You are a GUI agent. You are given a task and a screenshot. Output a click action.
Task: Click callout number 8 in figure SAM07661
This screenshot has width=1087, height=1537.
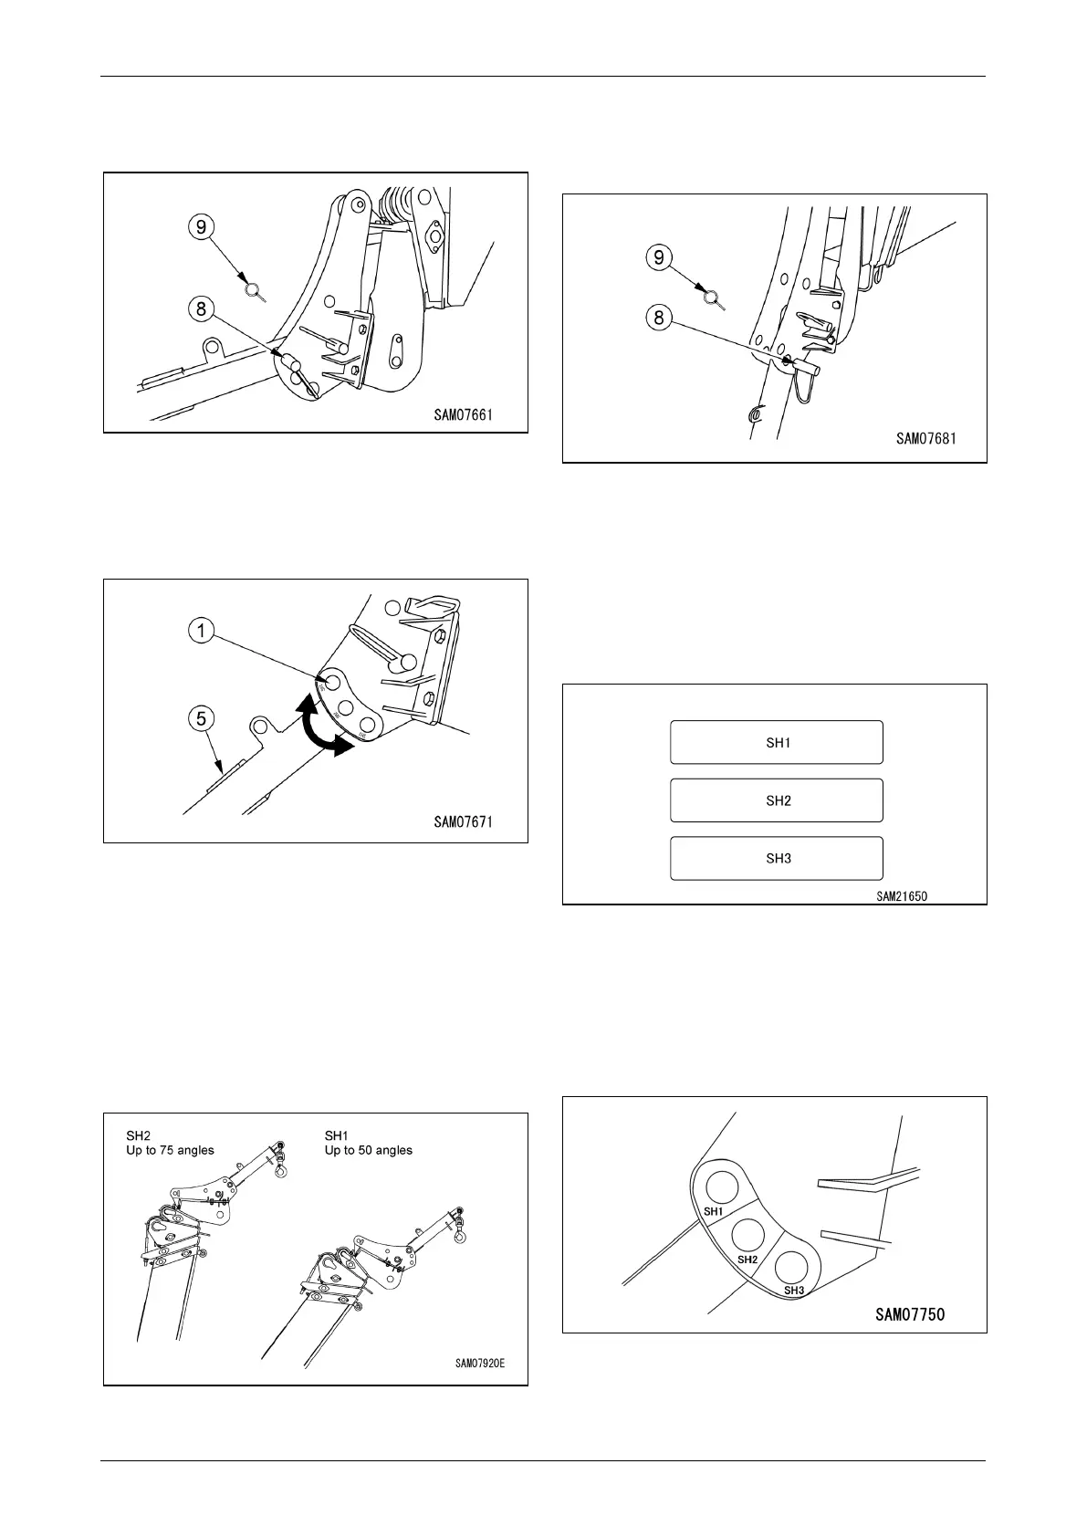coord(202,308)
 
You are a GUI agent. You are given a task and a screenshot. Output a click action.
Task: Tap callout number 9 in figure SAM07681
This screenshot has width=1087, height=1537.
coord(660,257)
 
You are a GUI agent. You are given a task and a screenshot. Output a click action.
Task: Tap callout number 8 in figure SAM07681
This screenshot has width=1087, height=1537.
coord(660,319)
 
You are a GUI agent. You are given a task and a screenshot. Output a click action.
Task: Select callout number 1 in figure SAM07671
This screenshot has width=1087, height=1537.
coord(202,631)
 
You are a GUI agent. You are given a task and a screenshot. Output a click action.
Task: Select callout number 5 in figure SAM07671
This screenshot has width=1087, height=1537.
coord(202,718)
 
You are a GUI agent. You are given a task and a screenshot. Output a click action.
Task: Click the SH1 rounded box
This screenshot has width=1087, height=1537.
coord(777,742)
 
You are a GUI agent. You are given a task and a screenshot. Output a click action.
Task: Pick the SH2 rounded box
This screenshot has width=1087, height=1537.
coord(777,800)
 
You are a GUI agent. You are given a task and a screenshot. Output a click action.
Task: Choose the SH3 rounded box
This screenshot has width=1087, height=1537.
coord(777,858)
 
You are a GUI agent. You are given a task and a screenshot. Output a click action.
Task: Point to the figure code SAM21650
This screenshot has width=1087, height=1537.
coord(902,896)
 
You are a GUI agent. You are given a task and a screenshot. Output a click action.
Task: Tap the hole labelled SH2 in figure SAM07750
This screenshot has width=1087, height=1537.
coord(748,1235)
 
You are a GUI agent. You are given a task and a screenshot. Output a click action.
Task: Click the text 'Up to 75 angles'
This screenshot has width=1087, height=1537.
coord(170,1150)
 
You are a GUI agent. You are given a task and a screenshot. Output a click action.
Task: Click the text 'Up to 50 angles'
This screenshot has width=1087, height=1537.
coord(369,1150)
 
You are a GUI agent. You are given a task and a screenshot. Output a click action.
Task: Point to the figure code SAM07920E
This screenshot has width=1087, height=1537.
coord(480,1364)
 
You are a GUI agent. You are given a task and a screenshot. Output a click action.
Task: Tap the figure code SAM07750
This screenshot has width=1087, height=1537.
coord(910,1314)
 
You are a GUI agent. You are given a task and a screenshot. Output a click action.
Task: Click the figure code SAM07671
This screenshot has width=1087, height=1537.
coord(463,822)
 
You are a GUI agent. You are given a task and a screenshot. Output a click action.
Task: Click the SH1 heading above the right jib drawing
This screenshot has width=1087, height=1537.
coord(338,1135)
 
